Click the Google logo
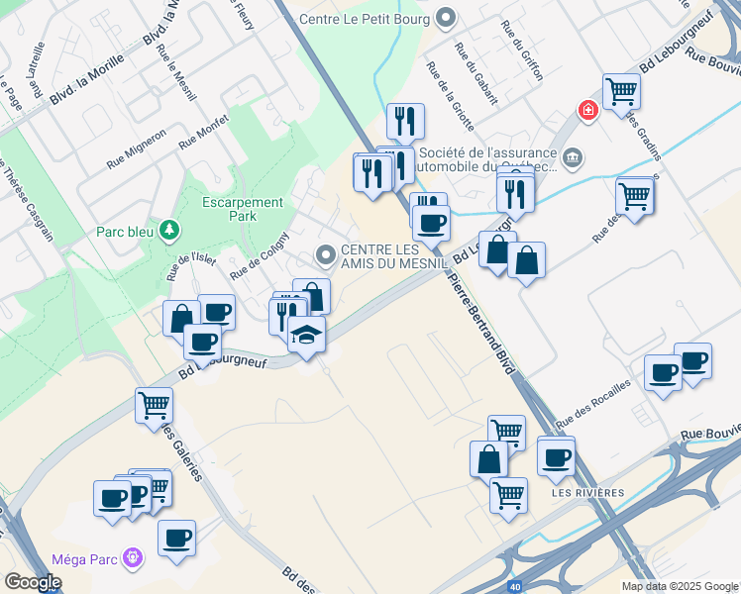(33, 582)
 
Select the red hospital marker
(588, 110)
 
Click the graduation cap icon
(307, 334)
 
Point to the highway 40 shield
(514, 587)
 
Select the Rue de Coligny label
(259, 255)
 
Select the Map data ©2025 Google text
(680, 586)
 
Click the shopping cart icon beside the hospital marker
(621, 92)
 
